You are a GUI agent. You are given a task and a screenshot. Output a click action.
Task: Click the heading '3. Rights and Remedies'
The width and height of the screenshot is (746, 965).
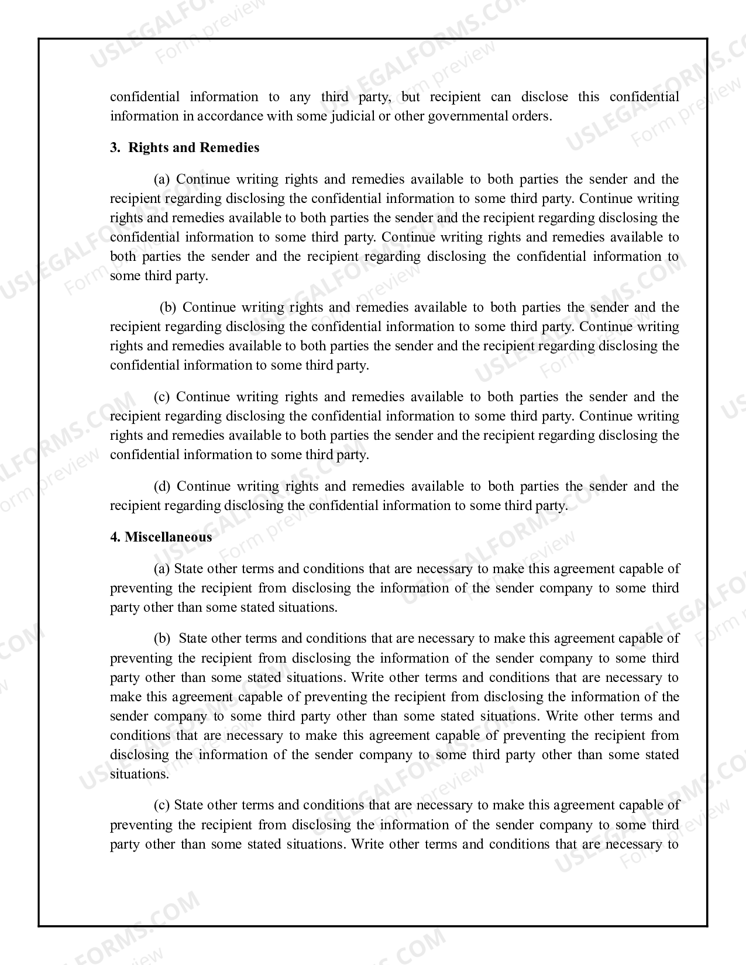[x=184, y=147]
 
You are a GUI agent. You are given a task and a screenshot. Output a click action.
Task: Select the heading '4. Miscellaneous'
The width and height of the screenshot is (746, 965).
[x=161, y=537]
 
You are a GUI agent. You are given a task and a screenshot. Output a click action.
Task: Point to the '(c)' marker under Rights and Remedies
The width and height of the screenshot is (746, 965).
[x=161, y=397]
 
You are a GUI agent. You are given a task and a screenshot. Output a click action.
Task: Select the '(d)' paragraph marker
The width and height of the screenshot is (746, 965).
[x=162, y=486]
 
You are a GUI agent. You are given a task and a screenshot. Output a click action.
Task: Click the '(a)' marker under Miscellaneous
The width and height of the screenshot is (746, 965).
[x=161, y=568]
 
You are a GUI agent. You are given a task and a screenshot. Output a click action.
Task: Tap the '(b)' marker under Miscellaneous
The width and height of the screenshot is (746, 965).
[x=162, y=638]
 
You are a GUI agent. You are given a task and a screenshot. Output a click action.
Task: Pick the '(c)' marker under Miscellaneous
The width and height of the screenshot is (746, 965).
[x=161, y=805]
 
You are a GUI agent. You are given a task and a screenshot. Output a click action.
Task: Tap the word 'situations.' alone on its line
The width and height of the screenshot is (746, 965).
[x=139, y=774]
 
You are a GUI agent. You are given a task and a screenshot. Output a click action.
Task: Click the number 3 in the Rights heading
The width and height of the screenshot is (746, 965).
[x=114, y=147]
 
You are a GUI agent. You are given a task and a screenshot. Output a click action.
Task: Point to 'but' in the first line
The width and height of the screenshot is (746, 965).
[x=411, y=96]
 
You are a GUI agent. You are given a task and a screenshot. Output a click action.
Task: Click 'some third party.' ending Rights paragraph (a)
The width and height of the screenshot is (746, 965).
[x=159, y=275]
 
